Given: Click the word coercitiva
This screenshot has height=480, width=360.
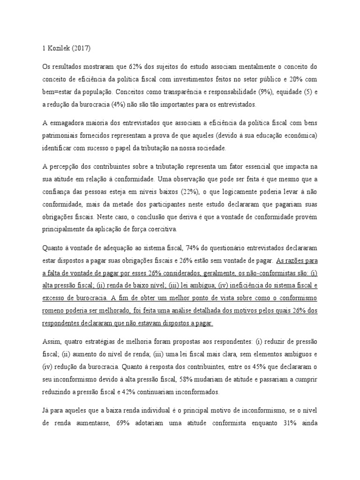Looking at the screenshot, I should point(161,228).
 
